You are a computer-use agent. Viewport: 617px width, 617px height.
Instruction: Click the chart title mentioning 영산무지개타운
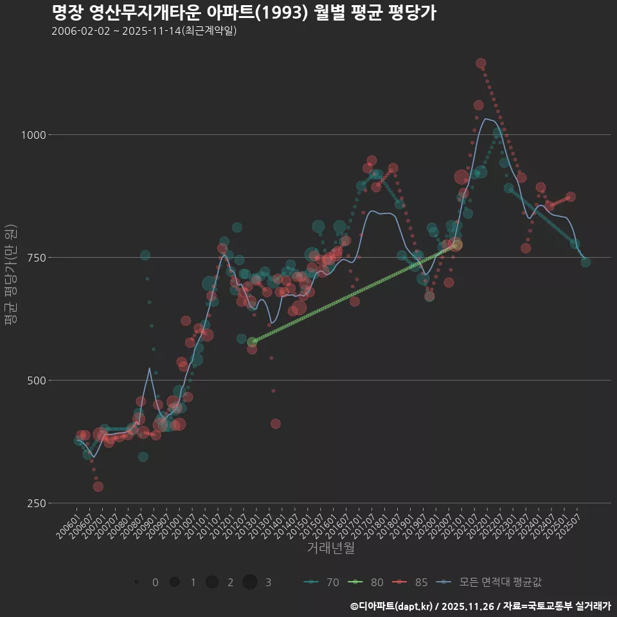pos(244,13)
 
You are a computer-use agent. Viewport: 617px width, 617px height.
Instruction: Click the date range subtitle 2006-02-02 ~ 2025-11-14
pos(144,31)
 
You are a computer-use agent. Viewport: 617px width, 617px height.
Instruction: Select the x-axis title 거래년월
pos(330,548)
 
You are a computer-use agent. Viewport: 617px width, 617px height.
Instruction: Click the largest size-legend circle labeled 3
pos(250,582)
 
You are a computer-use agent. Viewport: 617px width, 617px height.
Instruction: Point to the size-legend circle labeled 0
pos(137,582)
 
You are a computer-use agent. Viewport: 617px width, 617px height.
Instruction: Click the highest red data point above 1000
pos(481,64)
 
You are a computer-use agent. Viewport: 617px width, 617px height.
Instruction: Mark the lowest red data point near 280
pos(98,487)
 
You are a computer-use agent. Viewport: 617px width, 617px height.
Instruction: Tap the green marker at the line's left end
pos(252,342)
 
